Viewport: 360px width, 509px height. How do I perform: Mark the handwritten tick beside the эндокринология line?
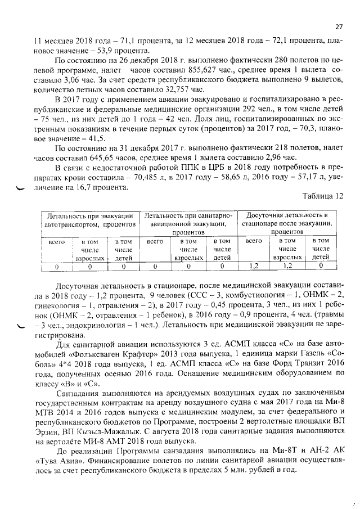coord(21,326)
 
